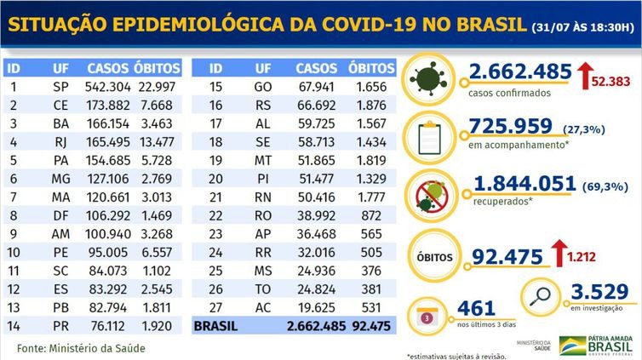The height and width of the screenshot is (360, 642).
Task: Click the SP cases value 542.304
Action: pos(110,87)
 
